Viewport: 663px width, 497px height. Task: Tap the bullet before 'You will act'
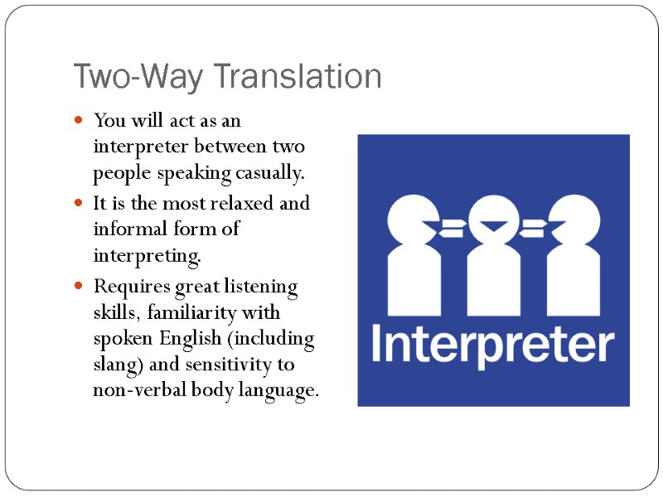tap(80, 121)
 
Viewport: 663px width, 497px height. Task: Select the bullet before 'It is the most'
tap(80, 203)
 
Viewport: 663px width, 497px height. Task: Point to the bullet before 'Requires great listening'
tap(80, 287)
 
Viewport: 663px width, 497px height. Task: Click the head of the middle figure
tap(494, 220)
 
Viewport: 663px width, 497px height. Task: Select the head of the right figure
tap(575, 220)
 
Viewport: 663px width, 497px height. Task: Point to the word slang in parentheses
tap(116, 365)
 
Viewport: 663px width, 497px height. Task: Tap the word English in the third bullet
tap(215, 340)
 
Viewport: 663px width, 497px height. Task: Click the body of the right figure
tap(575, 277)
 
